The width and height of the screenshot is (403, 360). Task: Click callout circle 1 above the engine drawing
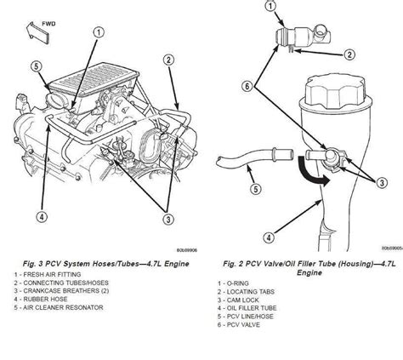99,32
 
